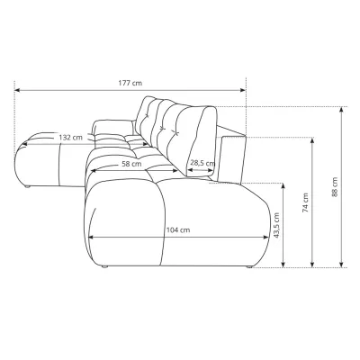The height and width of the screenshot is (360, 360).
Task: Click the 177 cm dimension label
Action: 130,83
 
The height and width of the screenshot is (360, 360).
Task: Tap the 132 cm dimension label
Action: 70,138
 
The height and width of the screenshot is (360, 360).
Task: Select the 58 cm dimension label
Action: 131,164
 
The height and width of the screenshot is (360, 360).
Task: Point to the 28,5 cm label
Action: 202,163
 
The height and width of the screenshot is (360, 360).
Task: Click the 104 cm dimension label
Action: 178,230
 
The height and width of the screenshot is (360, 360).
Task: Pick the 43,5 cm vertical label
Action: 276,225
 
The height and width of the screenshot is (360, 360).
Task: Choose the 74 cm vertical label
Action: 305,202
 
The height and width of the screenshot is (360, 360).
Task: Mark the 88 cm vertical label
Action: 335,187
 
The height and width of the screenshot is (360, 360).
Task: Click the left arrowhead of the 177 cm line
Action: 17,90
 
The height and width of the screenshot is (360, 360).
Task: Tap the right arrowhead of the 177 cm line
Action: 243,90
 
